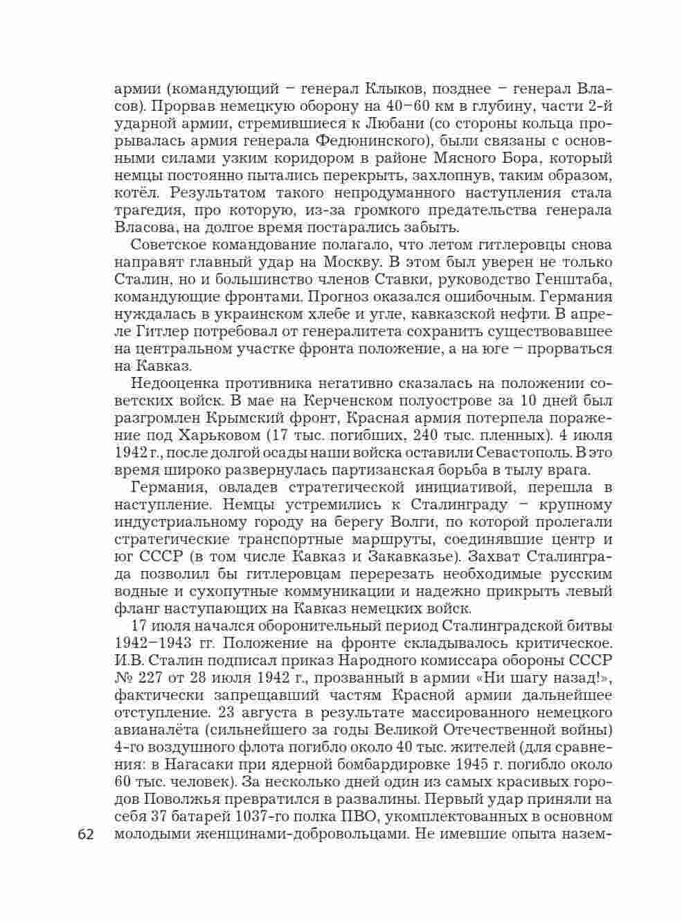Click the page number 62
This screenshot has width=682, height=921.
click(x=85, y=834)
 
